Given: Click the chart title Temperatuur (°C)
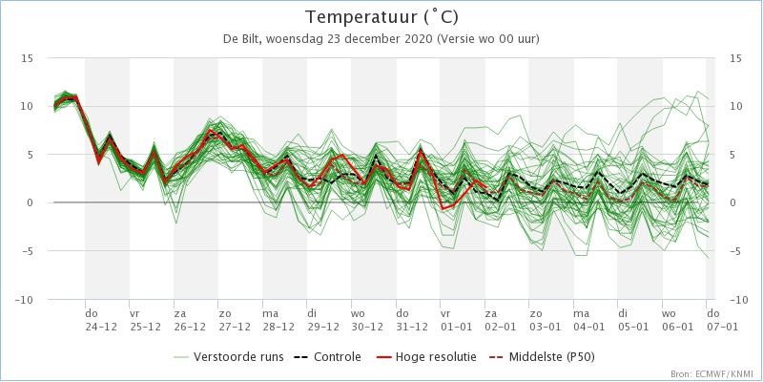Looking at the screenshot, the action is coord(381,17).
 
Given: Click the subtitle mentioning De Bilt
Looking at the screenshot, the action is coord(381,39).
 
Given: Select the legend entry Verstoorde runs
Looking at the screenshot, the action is coord(228,357).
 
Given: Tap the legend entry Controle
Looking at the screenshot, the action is coord(327,357).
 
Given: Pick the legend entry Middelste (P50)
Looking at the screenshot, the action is coord(546,357).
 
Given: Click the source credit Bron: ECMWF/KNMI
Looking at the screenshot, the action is coord(714,373).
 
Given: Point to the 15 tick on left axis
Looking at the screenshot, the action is coord(28,58).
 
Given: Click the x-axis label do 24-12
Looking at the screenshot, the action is coord(101,320).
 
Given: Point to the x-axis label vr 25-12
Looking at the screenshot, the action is coord(146,320).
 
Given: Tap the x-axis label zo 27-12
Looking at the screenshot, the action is coord(234,320).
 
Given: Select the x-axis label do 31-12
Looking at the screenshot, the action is coord(412,320).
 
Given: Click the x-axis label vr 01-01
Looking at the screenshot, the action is coord(457,320).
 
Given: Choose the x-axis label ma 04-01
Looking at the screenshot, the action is coord(589,320).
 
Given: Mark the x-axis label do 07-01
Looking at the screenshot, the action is coord(722,320).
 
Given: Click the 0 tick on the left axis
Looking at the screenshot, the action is coord(31,203).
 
